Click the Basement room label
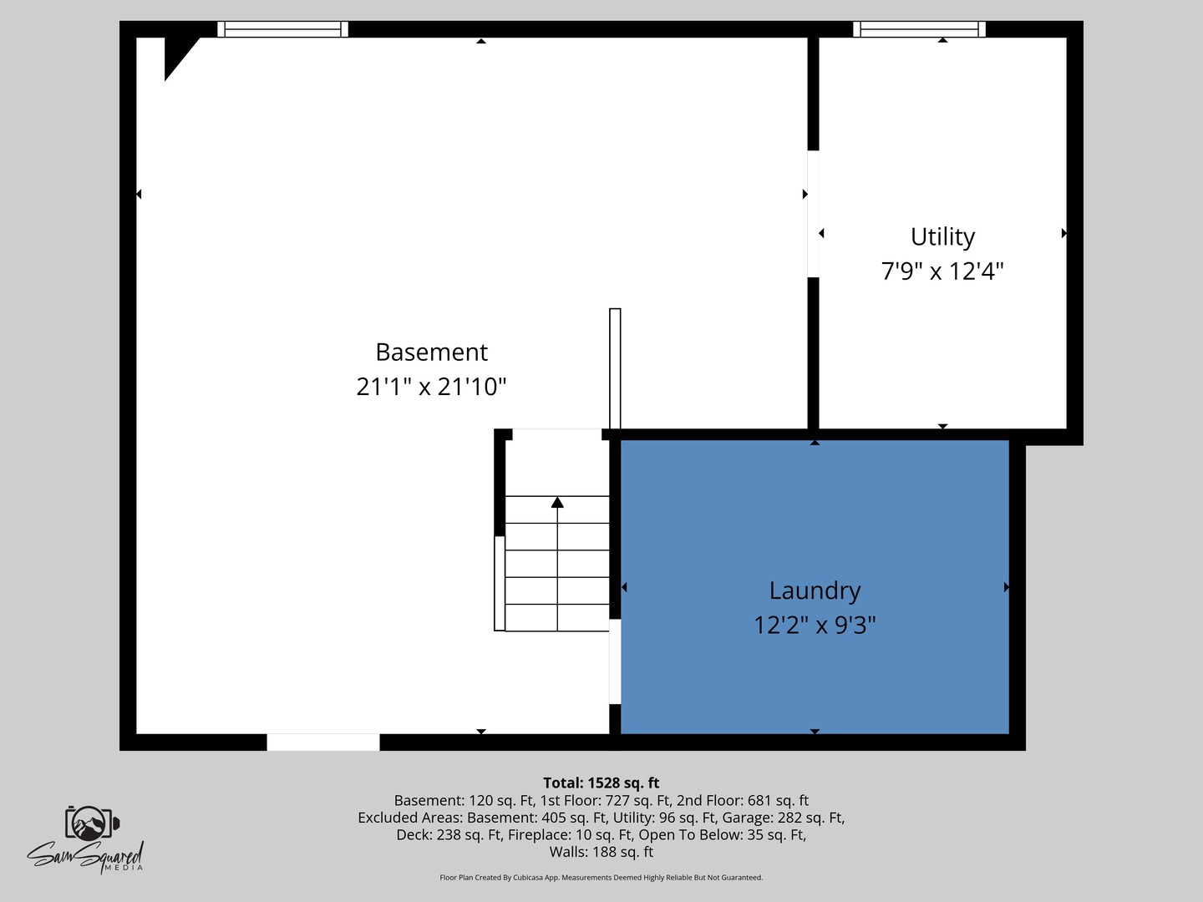coord(431,352)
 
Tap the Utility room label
coord(942,237)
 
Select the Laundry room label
coord(815,590)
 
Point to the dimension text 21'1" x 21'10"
coord(431,387)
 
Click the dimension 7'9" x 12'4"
coord(942,271)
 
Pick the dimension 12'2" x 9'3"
coord(815,625)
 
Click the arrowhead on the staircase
coord(557,502)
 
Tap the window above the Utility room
coord(919,29)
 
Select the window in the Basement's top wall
coord(282,29)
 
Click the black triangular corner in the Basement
coord(176,53)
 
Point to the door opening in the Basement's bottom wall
coord(323,742)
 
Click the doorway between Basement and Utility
coord(813,214)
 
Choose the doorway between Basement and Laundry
coord(615,661)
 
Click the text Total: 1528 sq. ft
coord(601,783)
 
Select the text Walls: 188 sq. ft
coord(601,852)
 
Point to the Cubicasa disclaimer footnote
coord(601,878)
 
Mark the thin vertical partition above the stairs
coord(615,368)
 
